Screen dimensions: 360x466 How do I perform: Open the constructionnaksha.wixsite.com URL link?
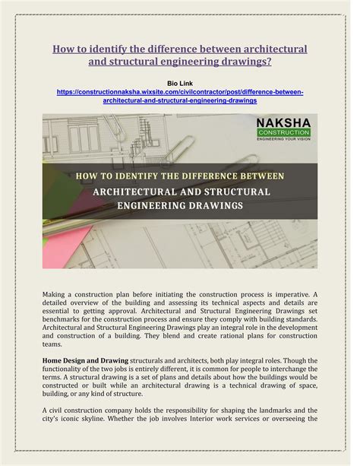pos(180,91)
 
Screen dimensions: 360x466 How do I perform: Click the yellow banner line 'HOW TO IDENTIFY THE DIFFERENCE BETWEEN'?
pos(179,176)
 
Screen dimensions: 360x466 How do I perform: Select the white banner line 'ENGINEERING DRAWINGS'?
pos(179,206)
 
